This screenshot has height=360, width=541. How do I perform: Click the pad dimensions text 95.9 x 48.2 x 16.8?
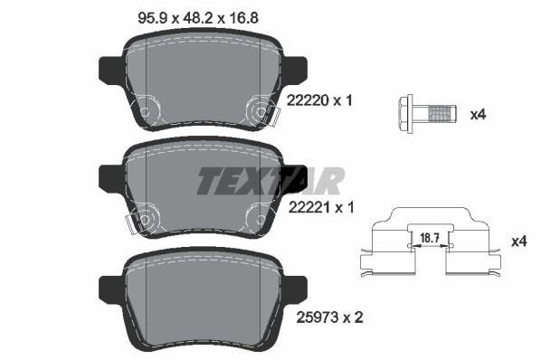[198, 17]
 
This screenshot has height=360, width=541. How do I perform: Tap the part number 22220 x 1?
[320, 100]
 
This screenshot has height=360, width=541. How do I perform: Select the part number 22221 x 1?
[321, 207]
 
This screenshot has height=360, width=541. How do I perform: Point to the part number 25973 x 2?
[330, 317]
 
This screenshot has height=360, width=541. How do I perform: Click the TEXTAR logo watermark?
[270, 181]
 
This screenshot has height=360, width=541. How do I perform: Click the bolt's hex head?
[405, 114]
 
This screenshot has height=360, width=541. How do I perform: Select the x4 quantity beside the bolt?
[479, 114]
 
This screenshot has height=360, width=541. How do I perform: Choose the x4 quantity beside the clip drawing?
[519, 241]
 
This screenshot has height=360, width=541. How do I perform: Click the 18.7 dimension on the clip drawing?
[430, 238]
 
